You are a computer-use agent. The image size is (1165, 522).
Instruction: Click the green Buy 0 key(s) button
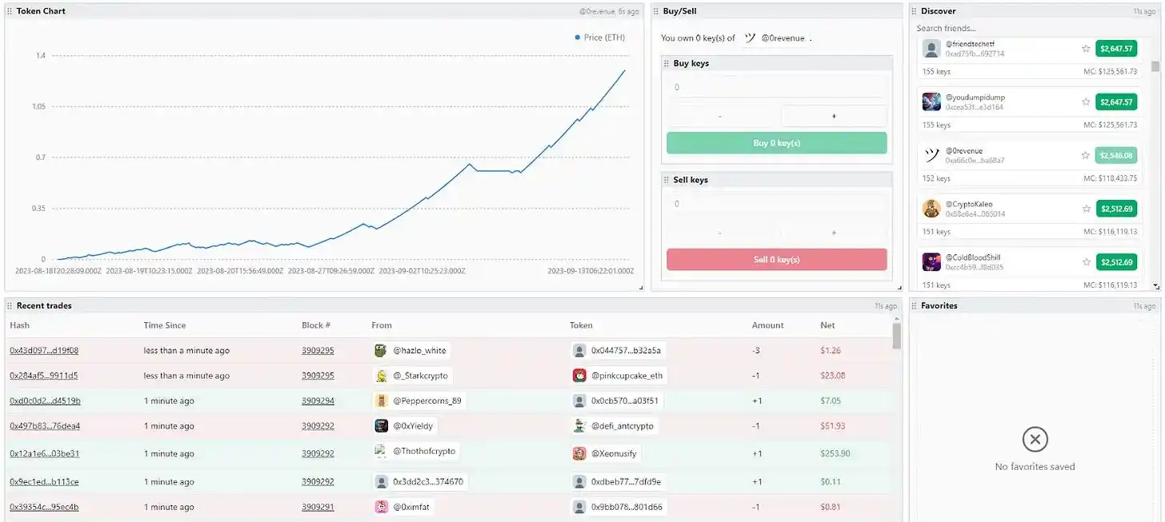pyautogui.click(x=776, y=143)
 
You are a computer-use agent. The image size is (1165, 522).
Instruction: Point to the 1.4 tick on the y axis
pyautogui.click(x=41, y=55)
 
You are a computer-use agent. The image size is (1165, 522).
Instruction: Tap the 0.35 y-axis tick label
pyautogui.click(x=38, y=209)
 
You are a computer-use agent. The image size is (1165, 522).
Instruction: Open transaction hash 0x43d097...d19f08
pyautogui.click(x=44, y=350)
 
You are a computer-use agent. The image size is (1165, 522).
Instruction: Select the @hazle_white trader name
pyautogui.click(x=419, y=350)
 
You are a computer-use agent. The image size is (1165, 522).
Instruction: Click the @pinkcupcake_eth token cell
pyautogui.click(x=627, y=376)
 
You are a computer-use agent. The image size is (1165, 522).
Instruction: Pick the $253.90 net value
pyautogui.click(x=835, y=453)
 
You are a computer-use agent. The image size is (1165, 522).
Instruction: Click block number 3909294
pyautogui.click(x=318, y=401)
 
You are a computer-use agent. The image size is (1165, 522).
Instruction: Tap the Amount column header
pyautogui.click(x=768, y=325)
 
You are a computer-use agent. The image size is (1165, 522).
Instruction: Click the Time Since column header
pyautogui.click(x=165, y=325)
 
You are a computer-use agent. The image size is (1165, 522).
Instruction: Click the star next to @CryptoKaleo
pyautogui.click(x=1086, y=209)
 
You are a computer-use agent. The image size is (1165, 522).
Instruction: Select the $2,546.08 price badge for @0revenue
pyautogui.click(x=1115, y=155)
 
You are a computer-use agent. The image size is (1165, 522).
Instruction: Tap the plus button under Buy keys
pyautogui.click(x=834, y=116)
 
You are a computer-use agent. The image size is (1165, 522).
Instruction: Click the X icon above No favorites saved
pyautogui.click(x=1035, y=439)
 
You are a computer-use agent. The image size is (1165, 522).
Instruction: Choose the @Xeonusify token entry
pyautogui.click(x=614, y=453)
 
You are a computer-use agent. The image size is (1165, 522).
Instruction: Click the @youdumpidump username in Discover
pyautogui.click(x=975, y=98)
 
